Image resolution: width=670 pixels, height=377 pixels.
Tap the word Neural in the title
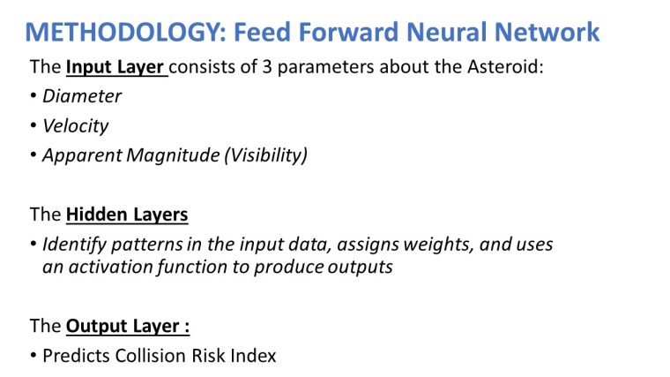(448, 33)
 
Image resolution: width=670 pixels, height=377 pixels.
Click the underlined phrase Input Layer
(115, 69)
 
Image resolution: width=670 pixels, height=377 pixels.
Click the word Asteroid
(510, 69)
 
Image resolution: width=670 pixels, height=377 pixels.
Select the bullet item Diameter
(82, 96)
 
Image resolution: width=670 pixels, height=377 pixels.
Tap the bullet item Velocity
(76, 126)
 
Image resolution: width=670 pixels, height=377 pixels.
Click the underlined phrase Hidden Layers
(126, 215)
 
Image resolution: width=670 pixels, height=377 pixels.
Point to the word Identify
(73, 245)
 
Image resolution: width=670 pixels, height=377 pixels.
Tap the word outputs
(358, 268)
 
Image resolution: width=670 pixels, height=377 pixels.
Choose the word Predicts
(77, 356)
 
